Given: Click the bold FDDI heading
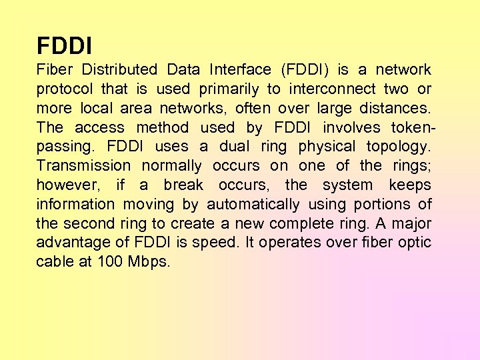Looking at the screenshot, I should pos(65,46).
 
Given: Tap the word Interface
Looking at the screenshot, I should pos(240,69).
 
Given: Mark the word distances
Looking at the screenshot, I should pos(398,108).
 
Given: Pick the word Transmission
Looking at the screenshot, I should pos(83,165).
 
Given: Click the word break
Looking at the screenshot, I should pos(183,185).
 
